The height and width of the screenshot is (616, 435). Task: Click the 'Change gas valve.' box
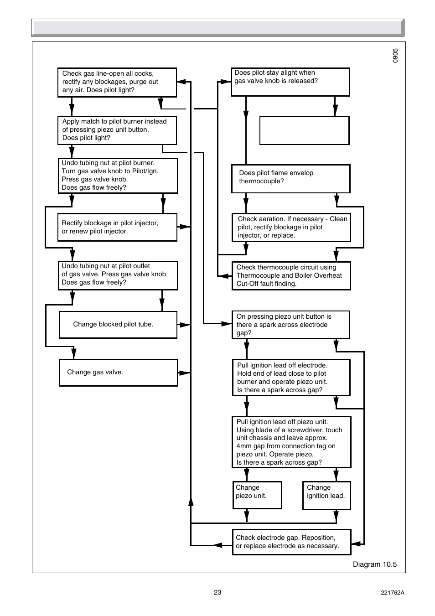click(118, 373)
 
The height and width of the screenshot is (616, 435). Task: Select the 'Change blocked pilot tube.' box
click(118, 325)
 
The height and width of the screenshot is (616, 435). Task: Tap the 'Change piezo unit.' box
click(257, 495)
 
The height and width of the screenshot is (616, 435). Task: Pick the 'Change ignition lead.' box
click(326, 495)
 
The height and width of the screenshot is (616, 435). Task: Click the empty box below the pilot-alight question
click(304, 130)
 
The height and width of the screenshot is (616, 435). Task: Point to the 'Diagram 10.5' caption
click(374, 564)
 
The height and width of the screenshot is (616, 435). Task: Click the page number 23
click(217, 592)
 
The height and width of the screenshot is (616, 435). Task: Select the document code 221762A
click(392, 593)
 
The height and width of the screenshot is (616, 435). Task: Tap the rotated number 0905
click(395, 56)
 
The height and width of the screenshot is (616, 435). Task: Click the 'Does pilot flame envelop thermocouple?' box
click(290, 178)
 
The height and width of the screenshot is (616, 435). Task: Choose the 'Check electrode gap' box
click(291, 542)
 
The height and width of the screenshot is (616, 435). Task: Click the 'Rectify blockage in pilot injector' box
click(117, 227)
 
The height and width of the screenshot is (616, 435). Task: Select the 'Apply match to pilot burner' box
click(117, 130)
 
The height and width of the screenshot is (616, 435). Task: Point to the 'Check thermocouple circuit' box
click(291, 275)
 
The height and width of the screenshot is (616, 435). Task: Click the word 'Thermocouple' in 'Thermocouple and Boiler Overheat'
click(258, 275)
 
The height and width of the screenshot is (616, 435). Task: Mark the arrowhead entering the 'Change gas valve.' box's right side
click(184, 373)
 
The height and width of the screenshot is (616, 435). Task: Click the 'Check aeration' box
click(291, 227)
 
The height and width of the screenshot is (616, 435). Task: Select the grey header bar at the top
click(217, 27)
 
